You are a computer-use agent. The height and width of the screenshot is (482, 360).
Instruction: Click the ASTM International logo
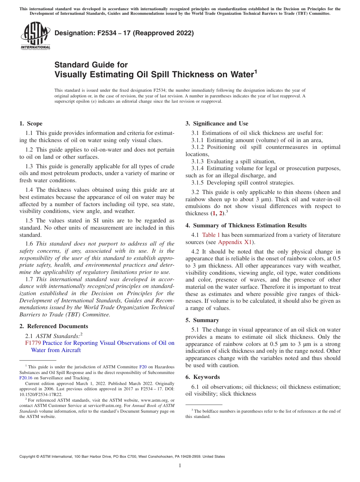pos(35,36)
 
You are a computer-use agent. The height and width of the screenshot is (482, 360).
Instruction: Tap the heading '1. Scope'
pos(31,124)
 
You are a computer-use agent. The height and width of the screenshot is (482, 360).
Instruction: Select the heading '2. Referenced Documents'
pos(53,326)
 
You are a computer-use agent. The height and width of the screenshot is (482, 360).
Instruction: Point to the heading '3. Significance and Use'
pos(217,124)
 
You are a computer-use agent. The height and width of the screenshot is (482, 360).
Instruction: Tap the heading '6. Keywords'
pos(202,377)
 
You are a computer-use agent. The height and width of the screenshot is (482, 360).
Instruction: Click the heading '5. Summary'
pos(202,320)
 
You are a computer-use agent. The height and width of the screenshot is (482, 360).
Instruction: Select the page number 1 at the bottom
pos(180,466)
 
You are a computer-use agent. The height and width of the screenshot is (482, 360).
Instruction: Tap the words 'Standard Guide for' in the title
pos(91,65)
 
